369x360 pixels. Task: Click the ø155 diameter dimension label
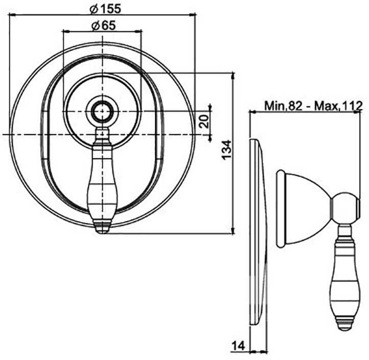point(105,9)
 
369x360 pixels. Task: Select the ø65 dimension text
point(104,25)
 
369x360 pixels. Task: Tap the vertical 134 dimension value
point(227,150)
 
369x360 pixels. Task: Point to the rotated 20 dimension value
point(204,121)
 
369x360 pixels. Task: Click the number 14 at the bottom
point(238,346)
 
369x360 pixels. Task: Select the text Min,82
point(283,106)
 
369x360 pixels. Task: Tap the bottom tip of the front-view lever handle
point(102,233)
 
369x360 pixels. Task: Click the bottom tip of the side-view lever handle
point(348,330)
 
